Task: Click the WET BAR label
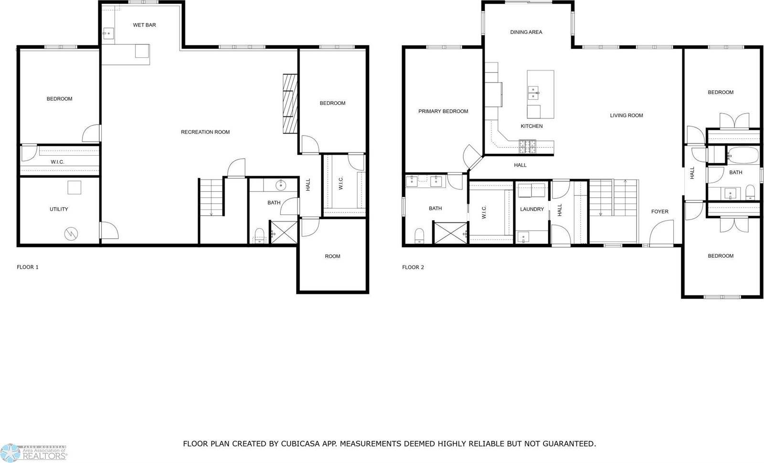(x=144, y=25)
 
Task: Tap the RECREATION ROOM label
(x=205, y=132)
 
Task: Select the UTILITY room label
(x=59, y=209)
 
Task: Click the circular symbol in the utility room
(x=72, y=233)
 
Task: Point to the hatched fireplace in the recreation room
(x=290, y=104)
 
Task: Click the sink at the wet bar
(x=108, y=33)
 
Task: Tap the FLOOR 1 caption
(x=28, y=267)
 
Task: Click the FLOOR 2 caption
(x=413, y=267)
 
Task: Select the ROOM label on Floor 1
(x=332, y=256)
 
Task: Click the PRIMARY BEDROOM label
(x=443, y=111)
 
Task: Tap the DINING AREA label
(x=526, y=32)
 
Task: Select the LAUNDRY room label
(x=532, y=209)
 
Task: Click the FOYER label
(x=660, y=211)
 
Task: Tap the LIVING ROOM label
(x=626, y=116)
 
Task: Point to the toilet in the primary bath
(x=419, y=235)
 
